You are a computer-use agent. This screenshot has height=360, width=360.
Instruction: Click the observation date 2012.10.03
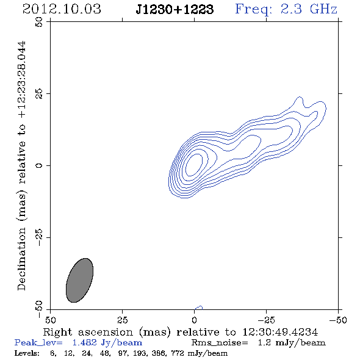62,9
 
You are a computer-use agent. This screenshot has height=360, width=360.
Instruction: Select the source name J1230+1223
175,10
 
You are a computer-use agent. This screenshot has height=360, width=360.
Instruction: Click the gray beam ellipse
79,280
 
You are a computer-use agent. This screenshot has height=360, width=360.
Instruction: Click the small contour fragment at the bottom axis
199,308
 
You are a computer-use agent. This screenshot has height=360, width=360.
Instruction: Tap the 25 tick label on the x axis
122,320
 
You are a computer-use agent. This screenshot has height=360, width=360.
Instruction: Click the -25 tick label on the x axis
266,320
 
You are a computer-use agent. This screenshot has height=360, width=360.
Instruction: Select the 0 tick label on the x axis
194,320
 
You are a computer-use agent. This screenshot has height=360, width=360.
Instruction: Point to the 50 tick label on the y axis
39,22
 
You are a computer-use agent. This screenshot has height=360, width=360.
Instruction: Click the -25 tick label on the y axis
39,237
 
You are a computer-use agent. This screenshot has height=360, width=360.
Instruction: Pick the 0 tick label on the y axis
39,165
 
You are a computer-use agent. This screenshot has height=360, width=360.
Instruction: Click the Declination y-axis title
21,165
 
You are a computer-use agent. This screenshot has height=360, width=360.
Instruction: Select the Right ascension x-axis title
181,332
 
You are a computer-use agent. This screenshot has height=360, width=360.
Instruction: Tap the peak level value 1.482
84,342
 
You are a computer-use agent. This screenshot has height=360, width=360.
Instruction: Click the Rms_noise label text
220,343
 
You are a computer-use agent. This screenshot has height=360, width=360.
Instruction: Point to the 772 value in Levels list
178,353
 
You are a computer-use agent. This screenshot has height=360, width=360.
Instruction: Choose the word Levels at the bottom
27,353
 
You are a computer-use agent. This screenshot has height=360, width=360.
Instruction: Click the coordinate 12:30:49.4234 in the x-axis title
280,332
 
